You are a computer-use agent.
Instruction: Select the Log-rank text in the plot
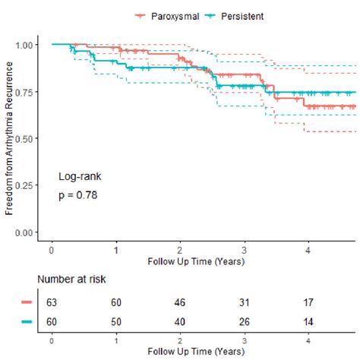point(80,176)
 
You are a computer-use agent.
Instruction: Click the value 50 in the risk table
point(115,322)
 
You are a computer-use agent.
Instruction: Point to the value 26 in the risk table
point(244,322)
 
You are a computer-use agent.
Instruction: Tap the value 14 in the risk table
point(308,322)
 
